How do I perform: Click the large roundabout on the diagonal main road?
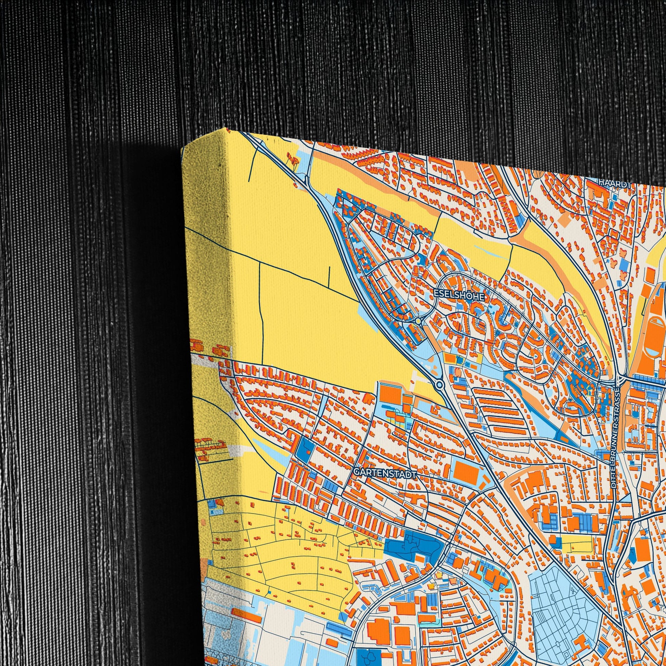pos(439,384)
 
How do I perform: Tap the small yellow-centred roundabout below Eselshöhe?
pos(418,321)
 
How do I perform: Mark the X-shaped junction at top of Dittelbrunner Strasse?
pos(619,380)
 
